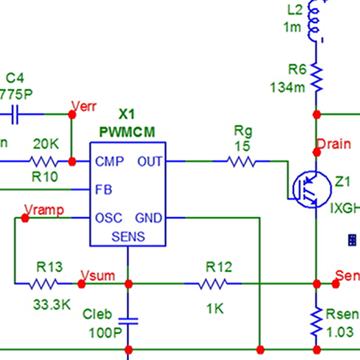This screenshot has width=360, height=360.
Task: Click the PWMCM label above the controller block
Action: (x=127, y=131)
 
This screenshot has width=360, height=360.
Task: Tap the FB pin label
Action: (x=103, y=190)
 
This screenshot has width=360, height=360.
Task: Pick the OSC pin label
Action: (x=108, y=218)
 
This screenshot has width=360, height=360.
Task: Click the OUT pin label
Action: (x=149, y=161)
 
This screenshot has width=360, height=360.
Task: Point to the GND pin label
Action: (x=148, y=218)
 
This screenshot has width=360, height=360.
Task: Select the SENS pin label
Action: (x=128, y=237)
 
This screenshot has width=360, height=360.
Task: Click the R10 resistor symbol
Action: (x=45, y=161)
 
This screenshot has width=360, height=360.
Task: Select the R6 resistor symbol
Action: (x=316, y=79)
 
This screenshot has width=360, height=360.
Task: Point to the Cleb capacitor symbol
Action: (x=128, y=321)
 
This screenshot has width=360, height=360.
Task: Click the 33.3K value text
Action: (x=51, y=305)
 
